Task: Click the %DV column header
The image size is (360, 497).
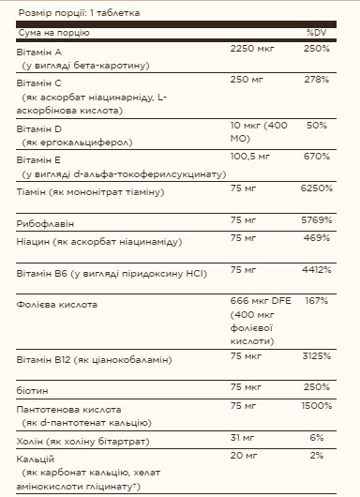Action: [315, 33]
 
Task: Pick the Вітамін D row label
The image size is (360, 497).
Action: [38, 127]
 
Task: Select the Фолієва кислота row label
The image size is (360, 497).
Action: [58, 304]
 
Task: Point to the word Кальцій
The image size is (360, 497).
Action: [37, 457]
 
